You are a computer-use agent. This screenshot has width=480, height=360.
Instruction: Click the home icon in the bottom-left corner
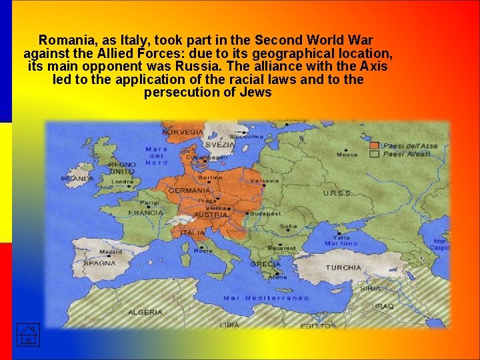[27, 335]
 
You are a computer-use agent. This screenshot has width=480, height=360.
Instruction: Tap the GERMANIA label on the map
[189, 191]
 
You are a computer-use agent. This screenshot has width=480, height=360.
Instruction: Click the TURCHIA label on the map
[343, 267]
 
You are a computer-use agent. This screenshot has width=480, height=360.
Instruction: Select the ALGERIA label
[145, 312]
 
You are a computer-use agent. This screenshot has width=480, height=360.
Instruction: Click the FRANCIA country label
[145, 213]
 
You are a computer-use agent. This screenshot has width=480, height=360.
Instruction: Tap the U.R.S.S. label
[337, 193]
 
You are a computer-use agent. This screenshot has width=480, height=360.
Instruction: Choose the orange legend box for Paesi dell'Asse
[375, 145]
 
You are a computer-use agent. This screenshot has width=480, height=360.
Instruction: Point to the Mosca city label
[347, 155]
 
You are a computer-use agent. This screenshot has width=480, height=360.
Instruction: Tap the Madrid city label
[110, 252]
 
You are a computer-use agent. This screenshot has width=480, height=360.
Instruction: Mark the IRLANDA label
[77, 179]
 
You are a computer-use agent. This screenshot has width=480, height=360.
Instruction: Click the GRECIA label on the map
[265, 264]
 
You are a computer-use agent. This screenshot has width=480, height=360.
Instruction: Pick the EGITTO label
[315, 326]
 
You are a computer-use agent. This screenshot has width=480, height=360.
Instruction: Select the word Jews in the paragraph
[256, 93]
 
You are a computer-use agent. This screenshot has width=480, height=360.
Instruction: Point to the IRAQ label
[384, 307]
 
